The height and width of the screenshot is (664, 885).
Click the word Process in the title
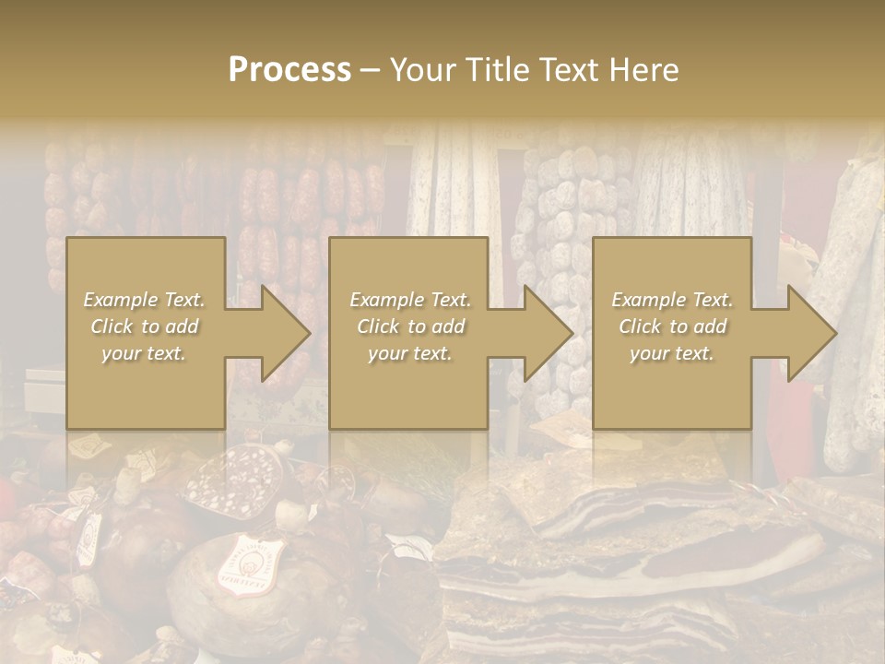[x=289, y=70]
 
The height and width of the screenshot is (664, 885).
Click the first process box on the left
[x=146, y=333]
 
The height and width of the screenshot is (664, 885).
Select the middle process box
[x=408, y=333]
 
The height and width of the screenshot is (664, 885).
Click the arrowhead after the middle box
[x=547, y=333]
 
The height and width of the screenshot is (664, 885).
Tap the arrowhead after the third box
[x=810, y=333]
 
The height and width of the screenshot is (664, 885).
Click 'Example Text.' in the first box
[x=145, y=300]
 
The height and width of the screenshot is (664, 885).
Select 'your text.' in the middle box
[x=409, y=353]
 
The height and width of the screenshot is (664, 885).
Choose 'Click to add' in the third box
[x=673, y=326]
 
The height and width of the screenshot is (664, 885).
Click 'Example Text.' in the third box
[x=673, y=300]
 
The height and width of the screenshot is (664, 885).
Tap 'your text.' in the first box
[x=145, y=353]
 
